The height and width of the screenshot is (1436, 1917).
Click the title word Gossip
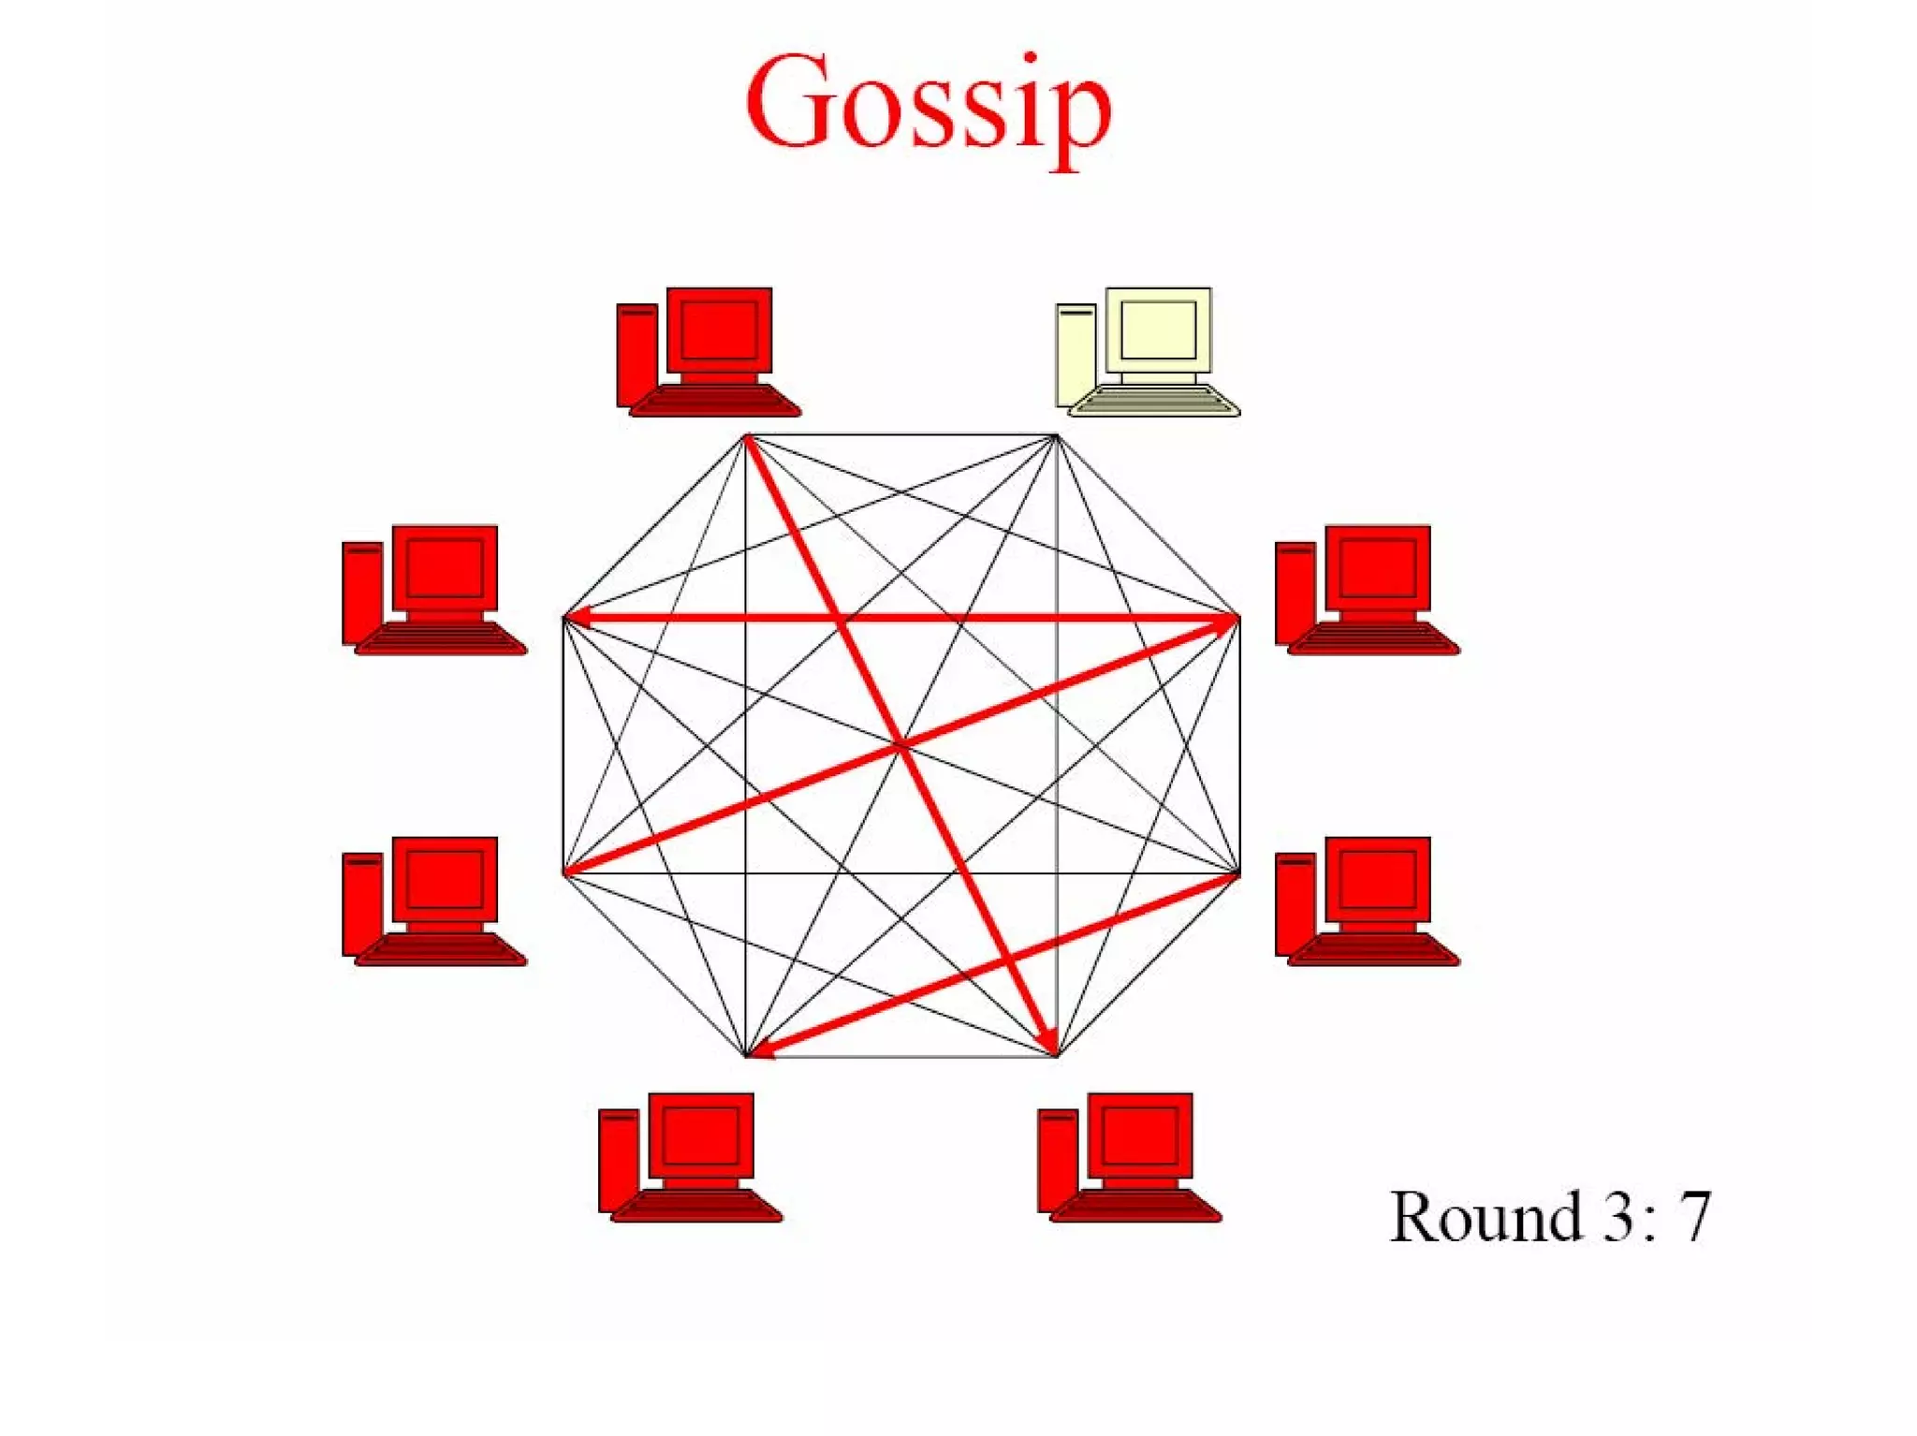pyautogui.click(x=929, y=105)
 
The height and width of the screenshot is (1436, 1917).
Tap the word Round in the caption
pyautogui.click(x=1485, y=1217)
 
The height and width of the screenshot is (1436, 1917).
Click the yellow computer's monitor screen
pyautogui.click(x=1158, y=330)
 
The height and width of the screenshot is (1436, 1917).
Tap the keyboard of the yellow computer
pyautogui.click(x=1153, y=402)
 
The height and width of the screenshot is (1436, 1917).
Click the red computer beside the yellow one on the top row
pyautogui.click(x=709, y=352)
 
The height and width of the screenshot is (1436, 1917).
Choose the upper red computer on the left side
pyautogui.click(x=434, y=590)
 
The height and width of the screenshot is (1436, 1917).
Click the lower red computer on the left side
pyautogui.click(x=434, y=901)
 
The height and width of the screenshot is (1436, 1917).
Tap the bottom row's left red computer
pyautogui.click(x=690, y=1157)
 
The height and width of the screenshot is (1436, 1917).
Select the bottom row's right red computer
pyautogui.click(x=1129, y=1157)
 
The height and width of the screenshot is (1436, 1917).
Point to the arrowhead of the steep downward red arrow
pyautogui.click(x=1048, y=1041)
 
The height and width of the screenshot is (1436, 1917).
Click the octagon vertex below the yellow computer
pyautogui.click(x=1056, y=436)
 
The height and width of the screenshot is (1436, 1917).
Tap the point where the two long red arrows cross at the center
pyautogui.click(x=900, y=746)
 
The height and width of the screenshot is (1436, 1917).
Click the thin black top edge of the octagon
pyautogui.click(x=900, y=435)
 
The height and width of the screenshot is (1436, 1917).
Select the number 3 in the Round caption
pyautogui.click(x=1617, y=1217)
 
